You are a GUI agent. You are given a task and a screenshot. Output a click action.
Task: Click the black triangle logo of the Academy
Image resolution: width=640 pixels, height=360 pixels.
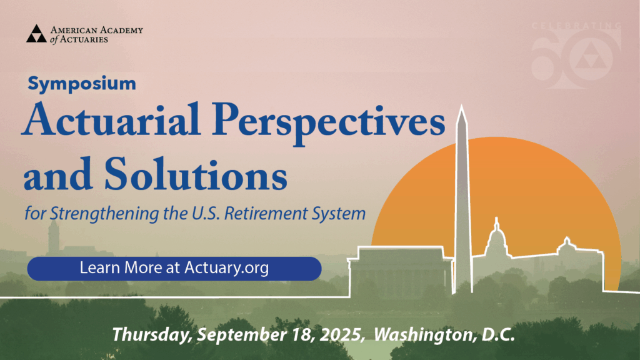[36, 34]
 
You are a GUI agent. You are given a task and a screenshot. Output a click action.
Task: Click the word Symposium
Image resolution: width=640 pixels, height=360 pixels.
[82, 84]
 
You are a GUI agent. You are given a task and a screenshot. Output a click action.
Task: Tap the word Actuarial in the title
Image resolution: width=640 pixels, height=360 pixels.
[111, 119]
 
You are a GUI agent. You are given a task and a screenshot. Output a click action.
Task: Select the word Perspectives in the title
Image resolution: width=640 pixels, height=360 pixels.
[329, 123]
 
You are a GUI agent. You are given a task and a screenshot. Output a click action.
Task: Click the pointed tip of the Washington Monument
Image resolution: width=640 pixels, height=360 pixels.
[462, 105]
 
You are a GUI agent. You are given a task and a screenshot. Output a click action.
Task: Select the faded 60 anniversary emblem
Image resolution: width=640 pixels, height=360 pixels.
[576, 56]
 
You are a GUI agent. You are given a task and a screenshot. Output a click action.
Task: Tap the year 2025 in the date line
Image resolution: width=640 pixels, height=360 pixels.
[341, 335]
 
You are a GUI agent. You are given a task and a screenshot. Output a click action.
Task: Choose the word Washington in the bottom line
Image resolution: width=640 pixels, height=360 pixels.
[425, 335]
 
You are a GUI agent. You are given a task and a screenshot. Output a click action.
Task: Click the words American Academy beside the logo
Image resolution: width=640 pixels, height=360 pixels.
[97, 30]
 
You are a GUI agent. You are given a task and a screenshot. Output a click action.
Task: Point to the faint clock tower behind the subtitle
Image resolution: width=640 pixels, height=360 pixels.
[54, 238]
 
